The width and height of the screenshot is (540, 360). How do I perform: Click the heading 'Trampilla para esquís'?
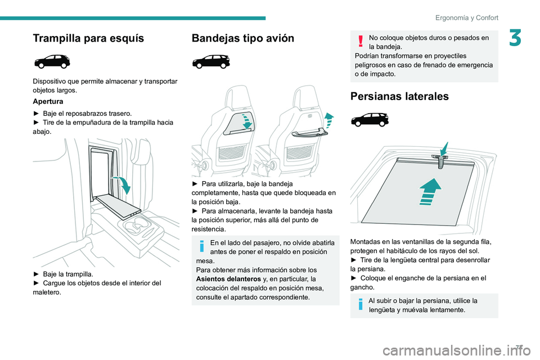click(88, 38)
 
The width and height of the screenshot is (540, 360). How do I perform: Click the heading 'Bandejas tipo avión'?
click(243, 38)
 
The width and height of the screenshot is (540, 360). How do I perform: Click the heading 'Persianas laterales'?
click(399, 96)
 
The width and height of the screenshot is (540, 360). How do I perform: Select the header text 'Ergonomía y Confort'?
click(466, 17)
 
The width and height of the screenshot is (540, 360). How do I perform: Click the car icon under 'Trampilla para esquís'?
click(51, 61)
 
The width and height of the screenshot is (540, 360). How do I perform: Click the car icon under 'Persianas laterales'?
click(368, 119)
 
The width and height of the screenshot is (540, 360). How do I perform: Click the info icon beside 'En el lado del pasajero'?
click(201, 246)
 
